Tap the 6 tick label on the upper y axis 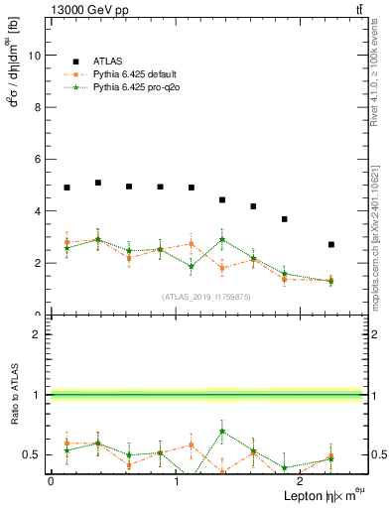tap(36, 160)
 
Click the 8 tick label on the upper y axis tap(36, 107)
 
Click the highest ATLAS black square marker tap(98, 183)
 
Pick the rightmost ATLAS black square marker tap(331, 244)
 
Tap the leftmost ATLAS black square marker tap(66, 188)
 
